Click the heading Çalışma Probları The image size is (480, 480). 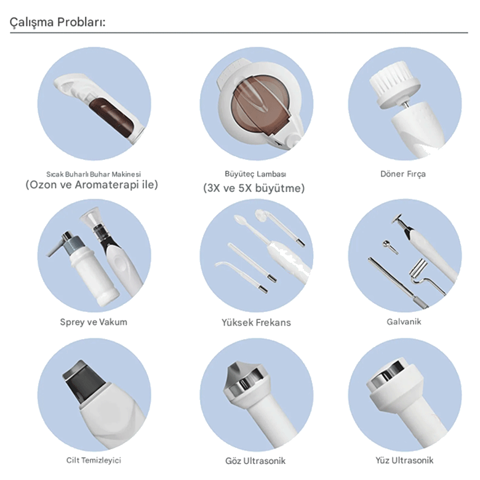(x=58, y=22)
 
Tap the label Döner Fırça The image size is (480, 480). (x=403, y=174)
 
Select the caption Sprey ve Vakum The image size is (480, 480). (x=94, y=322)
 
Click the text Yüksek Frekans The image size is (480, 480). (x=256, y=322)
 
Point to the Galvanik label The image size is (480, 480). (x=404, y=322)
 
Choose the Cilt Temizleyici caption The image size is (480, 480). (x=94, y=460)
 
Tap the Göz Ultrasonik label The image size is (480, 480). (x=255, y=461)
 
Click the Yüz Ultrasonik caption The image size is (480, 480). (x=404, y=460)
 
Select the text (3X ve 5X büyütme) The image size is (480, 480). (x=254, y=188)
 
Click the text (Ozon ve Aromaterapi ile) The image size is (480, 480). (x=92, y=185)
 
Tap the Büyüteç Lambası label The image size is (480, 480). (x=255, y=174)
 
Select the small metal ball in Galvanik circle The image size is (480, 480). (x=386, y=244)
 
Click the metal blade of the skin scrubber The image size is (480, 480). (x=78, y=379)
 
